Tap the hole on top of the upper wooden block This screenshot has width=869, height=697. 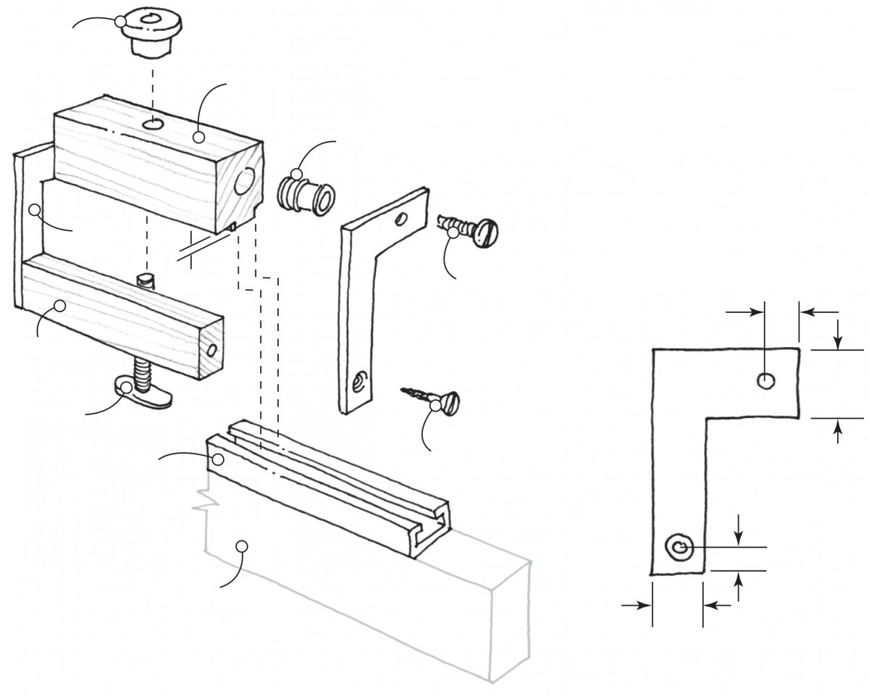[x=152, y=125]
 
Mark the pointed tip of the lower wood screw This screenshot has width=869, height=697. [x=401, y=391]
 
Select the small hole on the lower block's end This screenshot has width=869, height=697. [x=211, y=350]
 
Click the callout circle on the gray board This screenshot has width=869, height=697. [x=243, y=545]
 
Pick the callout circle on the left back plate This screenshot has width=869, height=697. [x=33, y=210]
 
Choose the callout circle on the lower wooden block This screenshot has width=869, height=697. [x=60, y=306]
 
